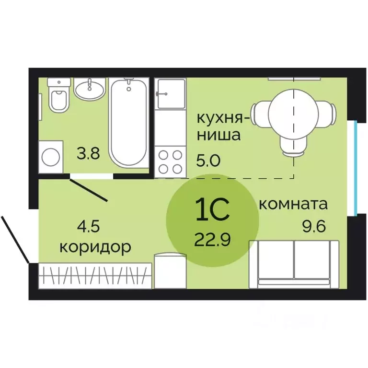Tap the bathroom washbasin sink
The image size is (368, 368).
89,90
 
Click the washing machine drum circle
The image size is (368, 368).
51,156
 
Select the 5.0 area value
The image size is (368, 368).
208,159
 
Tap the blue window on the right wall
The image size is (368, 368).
355,168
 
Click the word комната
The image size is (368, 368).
293,205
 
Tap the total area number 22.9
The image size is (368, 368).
212,238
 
